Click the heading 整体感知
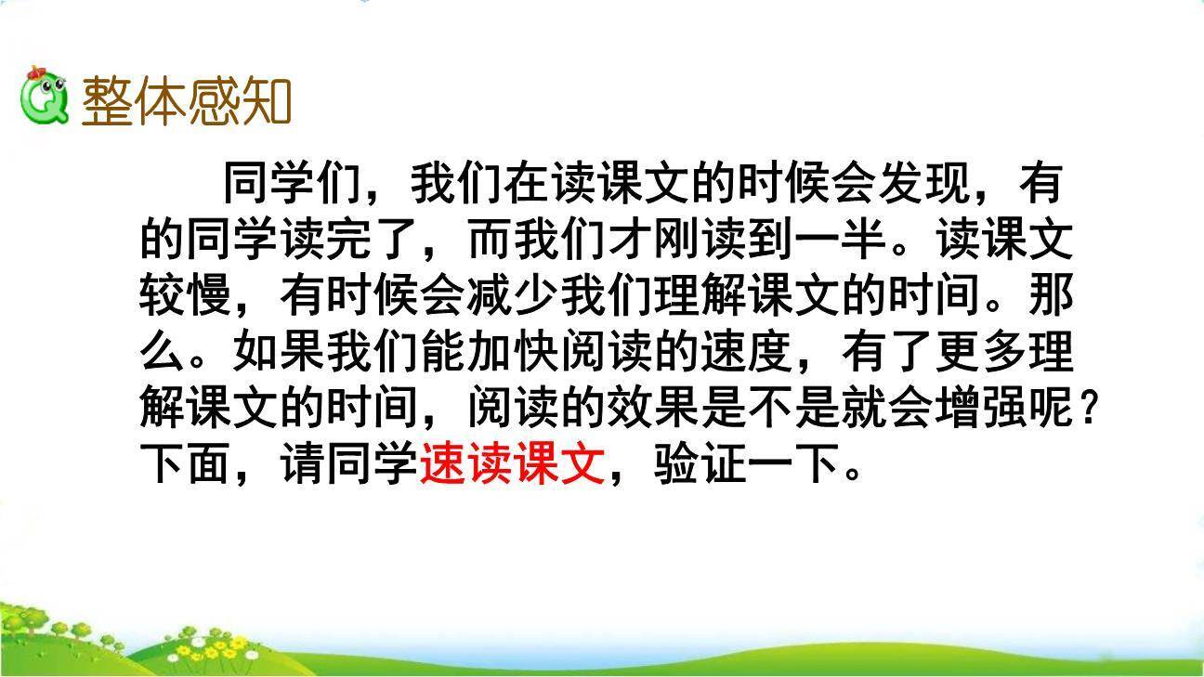(x=187, y=100)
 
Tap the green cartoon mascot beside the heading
(x=44, y=97)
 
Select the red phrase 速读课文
(x=513, y=463)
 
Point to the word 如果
(x=280, y=352)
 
